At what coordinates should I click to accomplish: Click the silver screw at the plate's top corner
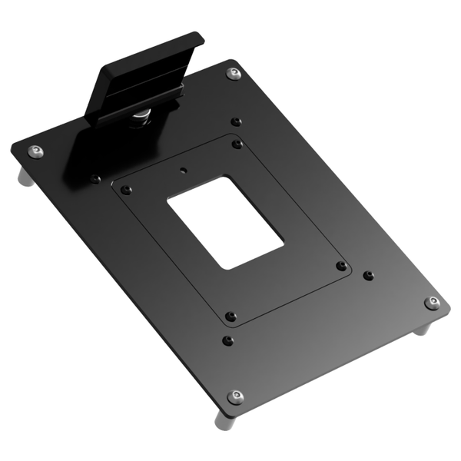(233, 73)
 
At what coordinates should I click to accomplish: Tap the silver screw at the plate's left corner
(35, 151)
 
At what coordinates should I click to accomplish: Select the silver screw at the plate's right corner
(433, 302)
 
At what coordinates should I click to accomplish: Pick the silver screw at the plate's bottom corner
(235, 396)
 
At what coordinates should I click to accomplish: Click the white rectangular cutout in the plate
(225, 222)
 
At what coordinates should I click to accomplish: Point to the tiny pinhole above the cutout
(183, 170)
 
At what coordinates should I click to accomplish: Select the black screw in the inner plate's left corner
(127, 190)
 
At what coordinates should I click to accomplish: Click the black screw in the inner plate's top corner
(237, 144)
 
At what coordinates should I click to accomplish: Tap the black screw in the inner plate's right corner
(340, 266)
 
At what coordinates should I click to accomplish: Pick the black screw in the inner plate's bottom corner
(230, 316)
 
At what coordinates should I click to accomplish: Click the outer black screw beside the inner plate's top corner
(236, 121)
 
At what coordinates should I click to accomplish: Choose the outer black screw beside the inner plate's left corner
(95, 178)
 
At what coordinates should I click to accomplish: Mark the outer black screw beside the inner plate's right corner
(368, 274)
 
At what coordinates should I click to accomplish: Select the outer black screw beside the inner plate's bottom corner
(227, 340)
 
